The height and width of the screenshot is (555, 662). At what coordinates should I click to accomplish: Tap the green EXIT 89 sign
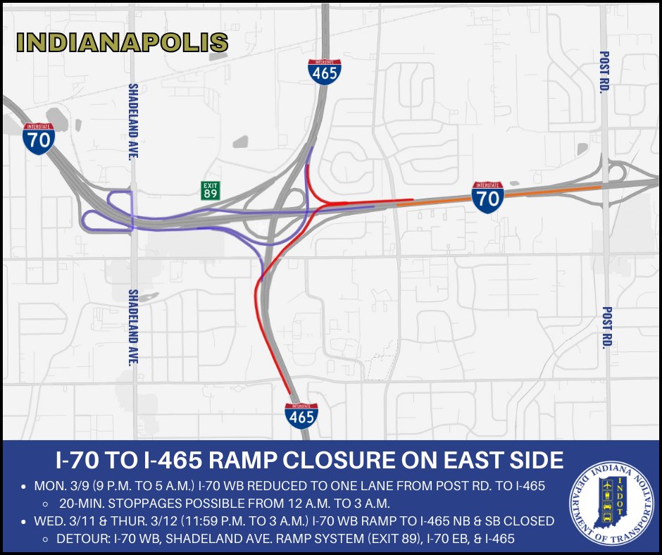211,190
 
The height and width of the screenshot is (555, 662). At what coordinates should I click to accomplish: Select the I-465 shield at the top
325,72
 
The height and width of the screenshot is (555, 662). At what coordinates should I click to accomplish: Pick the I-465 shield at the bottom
301,416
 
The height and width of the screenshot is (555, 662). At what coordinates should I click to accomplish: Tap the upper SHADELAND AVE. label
132,122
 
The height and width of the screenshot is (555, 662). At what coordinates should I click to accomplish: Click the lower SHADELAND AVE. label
132,328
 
